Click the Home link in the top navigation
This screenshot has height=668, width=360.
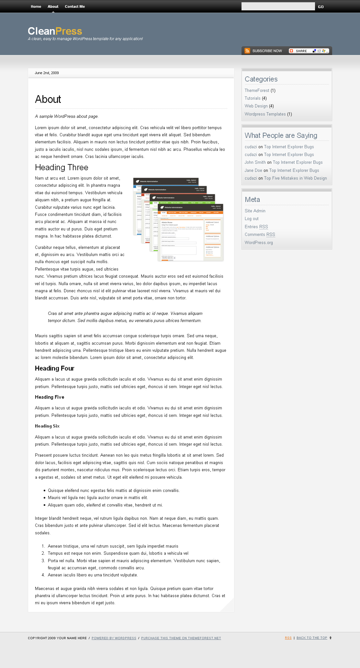pos(36,6)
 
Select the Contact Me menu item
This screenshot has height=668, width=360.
pos(75,6)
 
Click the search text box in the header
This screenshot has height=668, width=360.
pos(278,6)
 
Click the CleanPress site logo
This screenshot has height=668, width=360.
pos(55,31)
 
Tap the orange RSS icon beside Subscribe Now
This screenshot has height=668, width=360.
pos(247,51)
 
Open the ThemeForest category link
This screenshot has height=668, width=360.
pos(257,91)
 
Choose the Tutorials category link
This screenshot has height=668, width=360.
pos(253,98)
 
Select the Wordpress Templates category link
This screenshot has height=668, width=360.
pos(265,114)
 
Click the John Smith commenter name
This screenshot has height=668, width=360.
pos(255,162)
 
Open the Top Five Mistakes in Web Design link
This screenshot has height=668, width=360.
pos(295,178)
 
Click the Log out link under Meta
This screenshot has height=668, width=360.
pos(252,219)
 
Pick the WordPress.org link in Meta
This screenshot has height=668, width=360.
pos(259,243)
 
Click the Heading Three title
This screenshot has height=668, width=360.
pos(62,168)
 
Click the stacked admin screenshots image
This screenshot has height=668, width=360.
pos(178,219)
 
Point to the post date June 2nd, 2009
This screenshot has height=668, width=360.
pos(47,73)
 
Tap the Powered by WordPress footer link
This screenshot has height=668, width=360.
pos(114,638)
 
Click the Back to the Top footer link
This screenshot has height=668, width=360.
pos(312,638)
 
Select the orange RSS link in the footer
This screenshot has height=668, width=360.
pos(288,638)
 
